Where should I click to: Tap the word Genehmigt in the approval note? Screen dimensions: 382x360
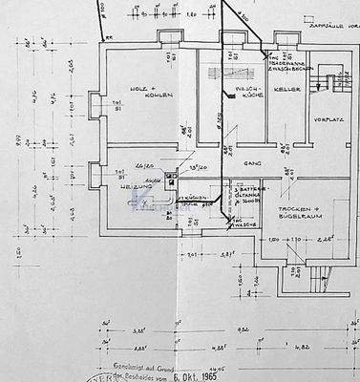(x=127, y=365)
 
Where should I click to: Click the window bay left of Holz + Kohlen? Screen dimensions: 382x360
(x=92, y=105)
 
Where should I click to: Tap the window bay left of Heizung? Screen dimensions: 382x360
(x=93, y=176)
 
